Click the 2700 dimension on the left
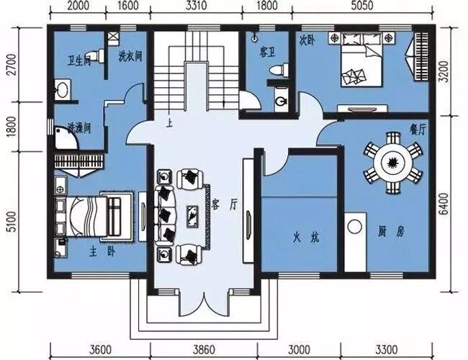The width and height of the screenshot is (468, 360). click(x=10, y=64)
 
